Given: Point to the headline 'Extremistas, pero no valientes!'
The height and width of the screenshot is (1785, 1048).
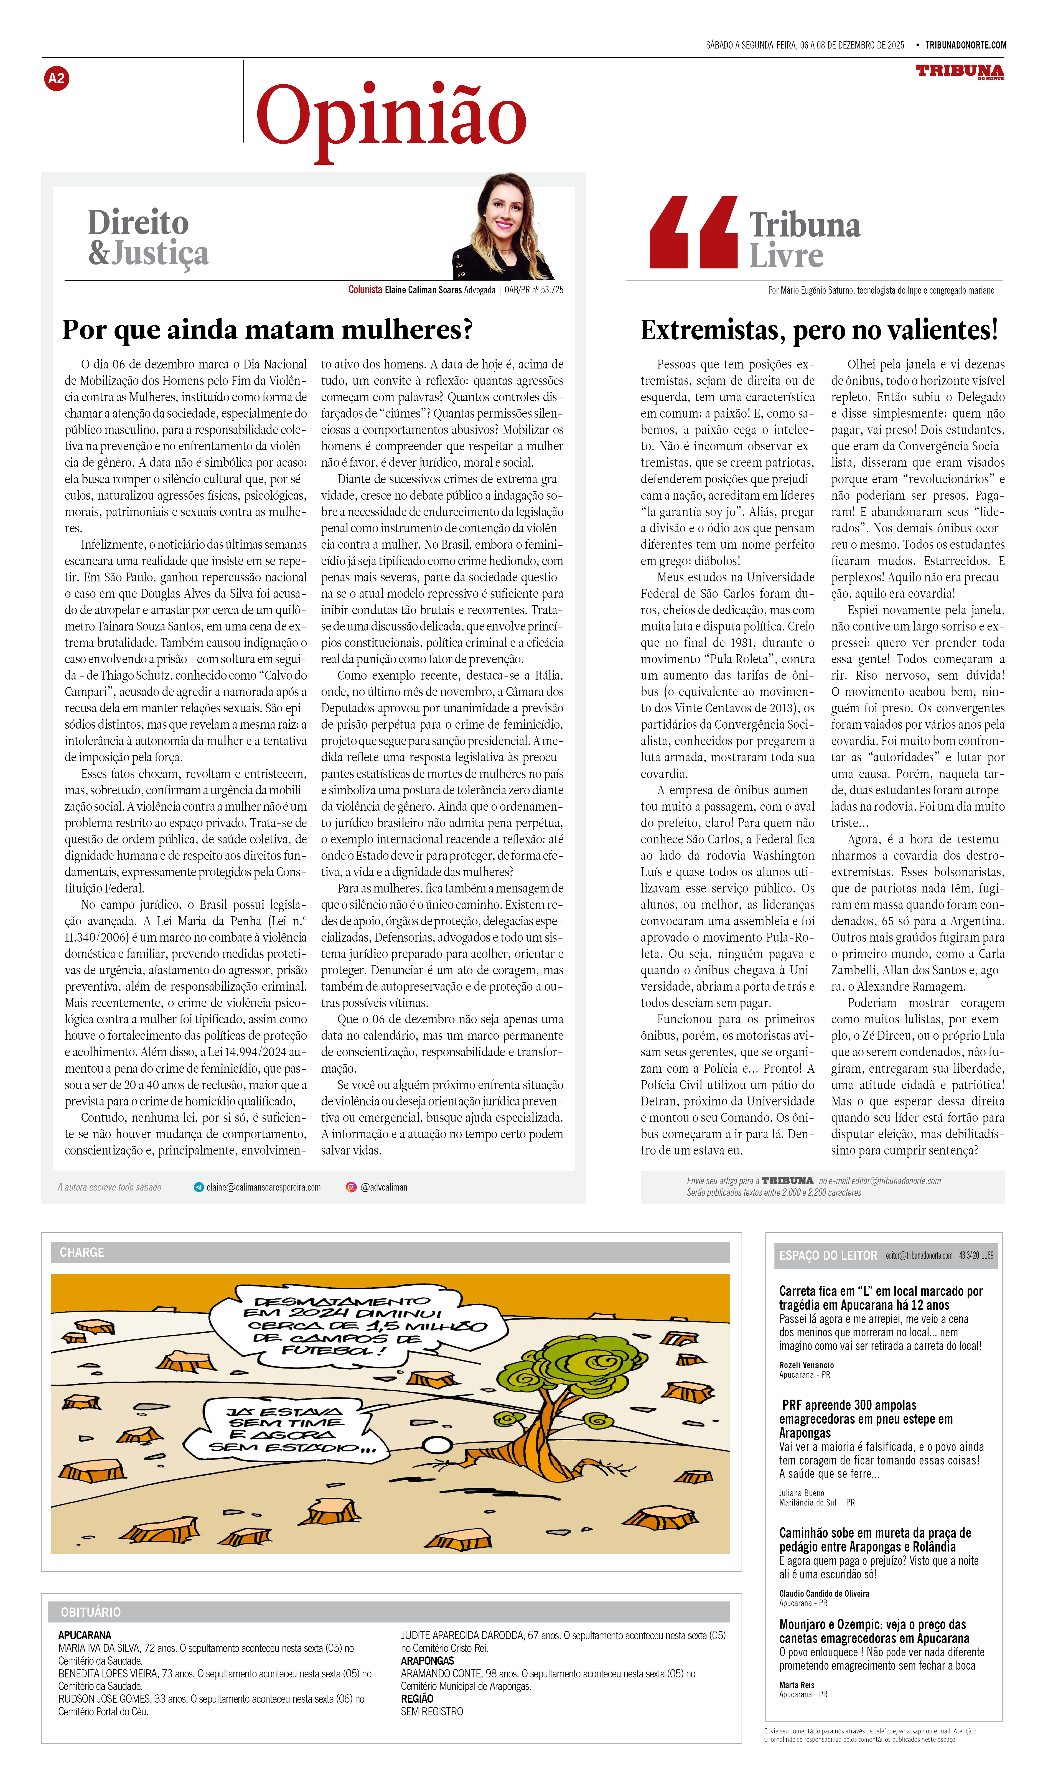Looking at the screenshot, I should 819,330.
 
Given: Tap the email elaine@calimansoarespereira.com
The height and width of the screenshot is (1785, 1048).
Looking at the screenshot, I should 263,1187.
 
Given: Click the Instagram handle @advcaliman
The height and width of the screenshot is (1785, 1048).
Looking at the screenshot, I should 384,1187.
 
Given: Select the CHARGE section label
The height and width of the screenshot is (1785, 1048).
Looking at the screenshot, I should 82,1252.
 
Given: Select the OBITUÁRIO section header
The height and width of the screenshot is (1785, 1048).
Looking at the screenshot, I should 91,1611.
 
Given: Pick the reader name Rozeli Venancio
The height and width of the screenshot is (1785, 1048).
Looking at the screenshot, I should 807,1365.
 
